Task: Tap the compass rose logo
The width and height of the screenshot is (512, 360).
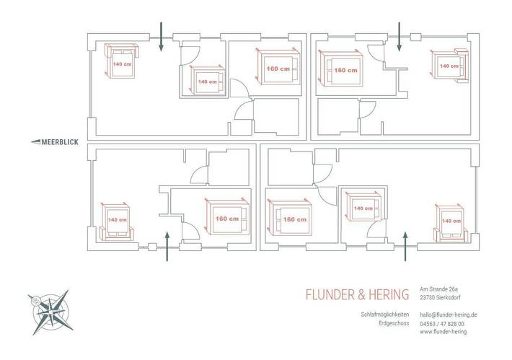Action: point(51,312)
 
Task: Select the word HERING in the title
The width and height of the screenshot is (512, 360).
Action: point(389,294)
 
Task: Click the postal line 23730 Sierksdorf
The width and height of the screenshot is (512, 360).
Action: point(440,298)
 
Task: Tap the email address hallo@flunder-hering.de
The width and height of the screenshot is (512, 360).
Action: point(449,315)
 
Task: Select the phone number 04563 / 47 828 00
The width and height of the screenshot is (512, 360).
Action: point(442,324)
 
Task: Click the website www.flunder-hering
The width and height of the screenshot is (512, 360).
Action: point(443,332)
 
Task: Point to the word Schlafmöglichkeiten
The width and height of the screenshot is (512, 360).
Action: point(385,315)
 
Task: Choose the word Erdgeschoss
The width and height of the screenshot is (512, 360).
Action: point(394,323)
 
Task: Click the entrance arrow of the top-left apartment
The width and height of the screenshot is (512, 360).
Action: point(161,37)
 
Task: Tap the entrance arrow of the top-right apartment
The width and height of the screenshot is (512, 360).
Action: point(399,37)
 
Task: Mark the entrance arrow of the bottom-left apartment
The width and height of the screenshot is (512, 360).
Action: point(167,246)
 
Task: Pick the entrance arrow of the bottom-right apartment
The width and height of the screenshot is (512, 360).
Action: point(405,246)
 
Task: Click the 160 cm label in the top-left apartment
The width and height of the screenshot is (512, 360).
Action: point(278,69)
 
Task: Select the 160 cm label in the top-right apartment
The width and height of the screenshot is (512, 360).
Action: point(346,70)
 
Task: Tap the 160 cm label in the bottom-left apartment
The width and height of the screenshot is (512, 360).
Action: point(227,219)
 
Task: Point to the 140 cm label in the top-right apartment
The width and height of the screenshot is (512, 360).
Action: point(449,66)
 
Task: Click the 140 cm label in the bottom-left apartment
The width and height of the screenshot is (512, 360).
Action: point(118,220)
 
